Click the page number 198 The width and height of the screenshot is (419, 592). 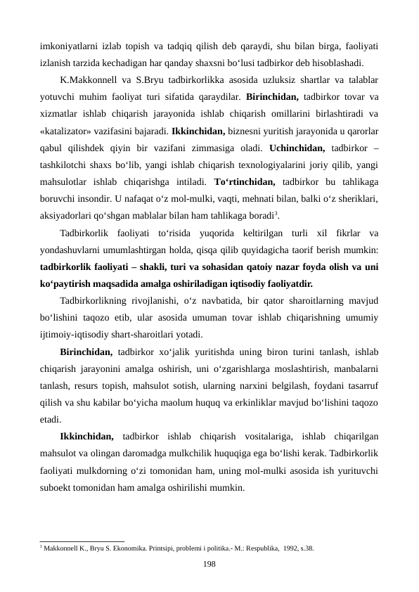tap(209, 564)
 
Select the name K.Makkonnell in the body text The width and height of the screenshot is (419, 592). tap(91, 80)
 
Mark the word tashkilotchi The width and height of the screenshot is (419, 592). tap(68, 165)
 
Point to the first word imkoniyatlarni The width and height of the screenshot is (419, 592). tap(69, 46)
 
